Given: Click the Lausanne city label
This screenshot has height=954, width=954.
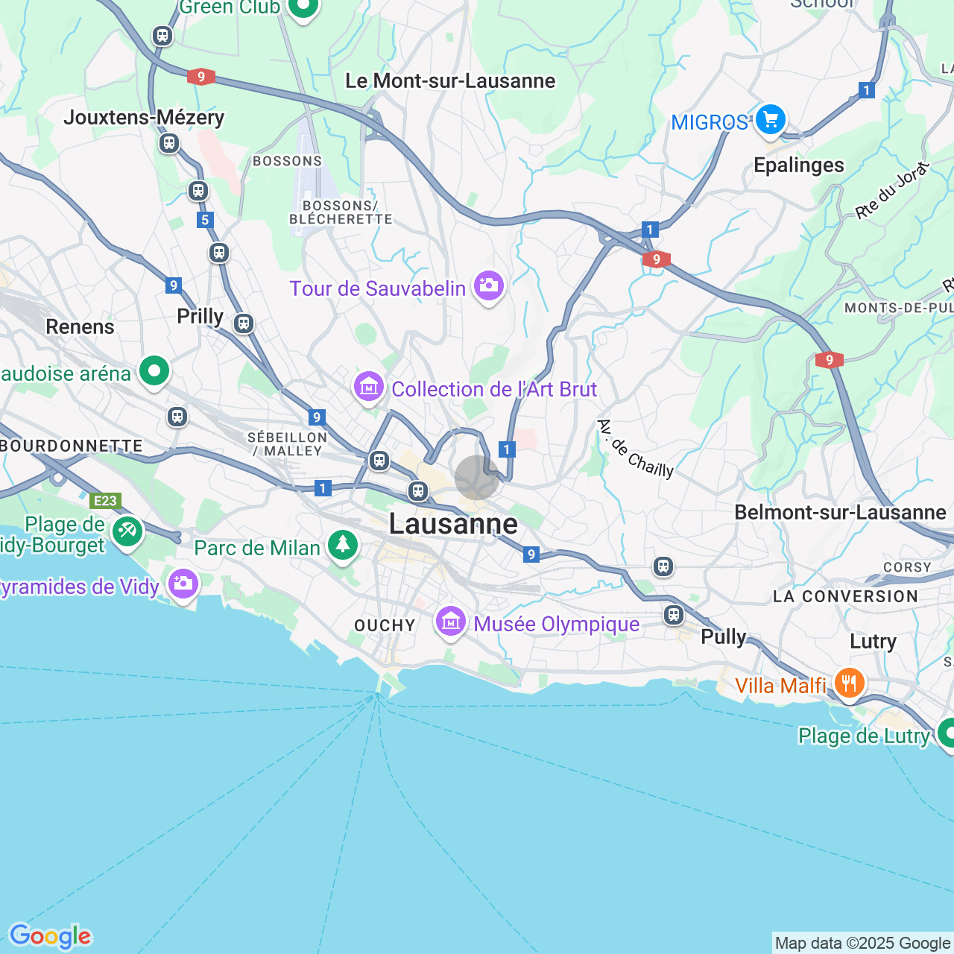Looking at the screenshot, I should click(453, 524).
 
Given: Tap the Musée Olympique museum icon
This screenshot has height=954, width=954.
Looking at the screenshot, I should click(450, 622).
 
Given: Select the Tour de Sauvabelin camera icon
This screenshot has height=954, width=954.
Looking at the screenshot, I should click(488, 285).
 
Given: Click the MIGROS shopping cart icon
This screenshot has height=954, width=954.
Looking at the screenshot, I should click(770, 119).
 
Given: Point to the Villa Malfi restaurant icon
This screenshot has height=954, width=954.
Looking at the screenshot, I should click(848, 683).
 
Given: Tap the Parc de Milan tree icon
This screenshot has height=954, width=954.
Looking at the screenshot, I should click(342, 545).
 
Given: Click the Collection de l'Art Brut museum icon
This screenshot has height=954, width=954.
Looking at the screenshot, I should click(368, 387).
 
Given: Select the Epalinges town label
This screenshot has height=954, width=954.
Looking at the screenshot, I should click(799, 165).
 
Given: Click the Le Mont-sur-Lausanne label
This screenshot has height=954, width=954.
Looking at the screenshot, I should click(450, 80).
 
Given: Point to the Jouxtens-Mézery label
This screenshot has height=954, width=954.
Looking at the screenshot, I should click(144, 117).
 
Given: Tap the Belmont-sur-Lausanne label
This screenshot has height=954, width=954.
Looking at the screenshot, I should click(840, 512).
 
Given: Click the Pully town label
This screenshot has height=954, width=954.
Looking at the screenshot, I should click(723, 636).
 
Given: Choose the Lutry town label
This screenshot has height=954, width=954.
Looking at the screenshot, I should click(873, 641).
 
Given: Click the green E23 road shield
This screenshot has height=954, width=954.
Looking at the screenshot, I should click(105, 501).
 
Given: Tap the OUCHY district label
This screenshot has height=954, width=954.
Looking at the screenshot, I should click(385, 625).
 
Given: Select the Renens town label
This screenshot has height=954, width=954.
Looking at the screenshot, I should click(80, 326).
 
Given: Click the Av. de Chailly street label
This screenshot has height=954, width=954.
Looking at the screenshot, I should click(635, 449).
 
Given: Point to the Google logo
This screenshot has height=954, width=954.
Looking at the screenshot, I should click(50, 936).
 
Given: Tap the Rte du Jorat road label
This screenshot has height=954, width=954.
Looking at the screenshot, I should click(892, 191).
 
